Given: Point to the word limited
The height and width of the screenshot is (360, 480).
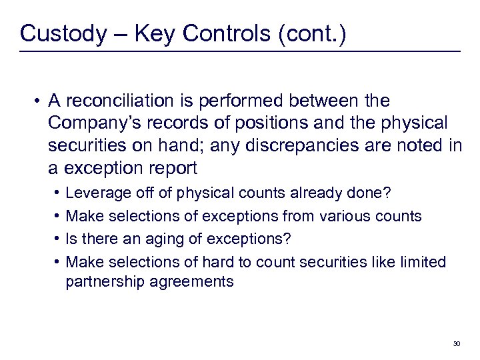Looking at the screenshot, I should tap(422, 261).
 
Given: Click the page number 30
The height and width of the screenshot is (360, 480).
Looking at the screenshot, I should tap(456, 344).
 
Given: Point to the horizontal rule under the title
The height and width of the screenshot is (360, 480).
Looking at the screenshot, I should tap(240, 51).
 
